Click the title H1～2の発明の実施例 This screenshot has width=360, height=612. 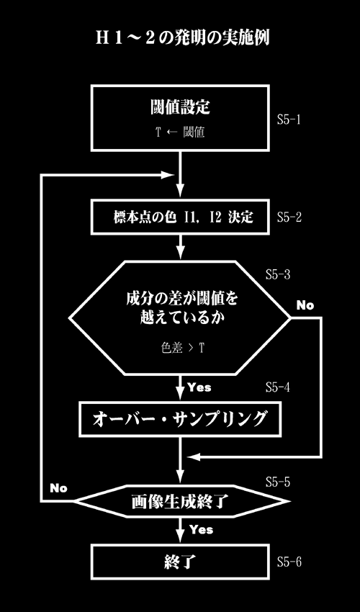pyautogui.click(x=182, y=39)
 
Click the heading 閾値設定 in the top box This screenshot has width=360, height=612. pyautogui.click(x=180, y=107)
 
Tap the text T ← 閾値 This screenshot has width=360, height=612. pyautogui.click(x=180, y=132)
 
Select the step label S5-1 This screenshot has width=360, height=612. pyautogui.click(x=289, y=120)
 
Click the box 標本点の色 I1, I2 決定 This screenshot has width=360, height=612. pyautogui.click(x=180, y=217)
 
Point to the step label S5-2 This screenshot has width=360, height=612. pyautogui.click(x=289, y=217)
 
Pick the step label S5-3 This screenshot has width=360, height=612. pyautogui.click(x=278, y=274)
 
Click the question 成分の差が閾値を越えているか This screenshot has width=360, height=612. pyautogui.click(x=181, y=308)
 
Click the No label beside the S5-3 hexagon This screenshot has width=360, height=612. pyautogui.click(x=305, y=305)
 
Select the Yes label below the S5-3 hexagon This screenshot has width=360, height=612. pyautogui.click(x=199, y=387)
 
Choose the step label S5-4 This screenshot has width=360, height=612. pyautogui.click(x=278, y=387)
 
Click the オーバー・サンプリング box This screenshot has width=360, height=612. pyautogui.click(x=180, y=419)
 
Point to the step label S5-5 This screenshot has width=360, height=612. pyautogui.click(x=278, y=482)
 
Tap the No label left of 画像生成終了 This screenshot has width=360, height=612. pyautogui.click(x=58, y=488)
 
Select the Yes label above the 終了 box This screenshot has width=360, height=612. pyautogui.click(x=201, y=530)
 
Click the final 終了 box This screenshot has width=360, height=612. pyautogui.click(x=180, y=562)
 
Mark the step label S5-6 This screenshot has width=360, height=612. pyautogui.click(x=289, y=562)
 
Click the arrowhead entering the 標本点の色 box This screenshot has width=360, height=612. pyautogui.click(x=180, y=192)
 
